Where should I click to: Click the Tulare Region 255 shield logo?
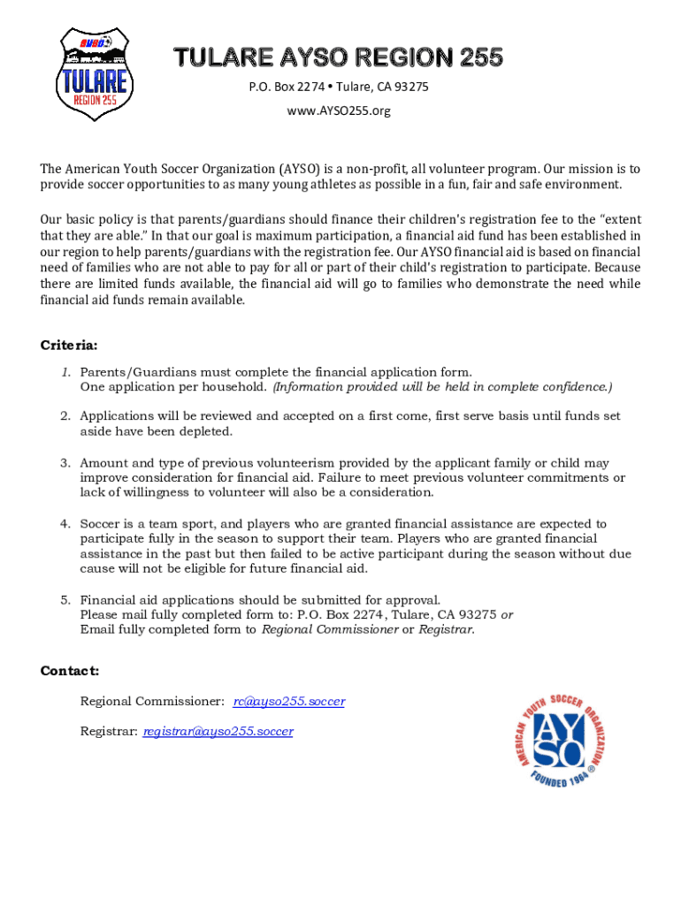(x=94, y=75)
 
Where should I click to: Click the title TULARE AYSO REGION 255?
(x=338, y=58)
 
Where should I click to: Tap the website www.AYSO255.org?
(x=338, y=111)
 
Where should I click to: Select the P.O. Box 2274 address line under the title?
(x=338, y=87)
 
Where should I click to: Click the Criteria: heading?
(x=69, y=345)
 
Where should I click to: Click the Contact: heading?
(x=70, y=671)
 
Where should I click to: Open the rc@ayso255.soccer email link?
(x=288, y=701)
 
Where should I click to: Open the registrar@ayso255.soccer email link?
(x=218, y=731)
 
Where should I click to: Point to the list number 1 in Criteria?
(x=65, y=373)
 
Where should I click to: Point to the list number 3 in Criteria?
(x=65, y=463)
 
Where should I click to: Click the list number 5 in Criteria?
(x=65, y=600)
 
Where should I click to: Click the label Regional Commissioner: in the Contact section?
(x=151, y=701)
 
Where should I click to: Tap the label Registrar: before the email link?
(x=109, y=731)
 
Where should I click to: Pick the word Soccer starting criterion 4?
(x=102, y=524)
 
